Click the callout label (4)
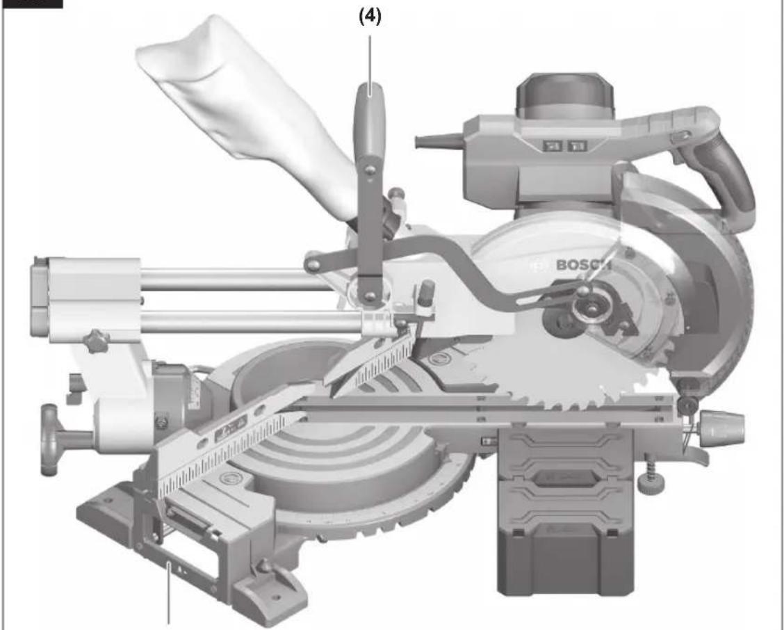tap(370, 17)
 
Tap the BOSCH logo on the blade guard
tap(583, 264)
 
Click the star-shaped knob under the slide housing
tap(96, 341)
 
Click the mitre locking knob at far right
tap(722, 428)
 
